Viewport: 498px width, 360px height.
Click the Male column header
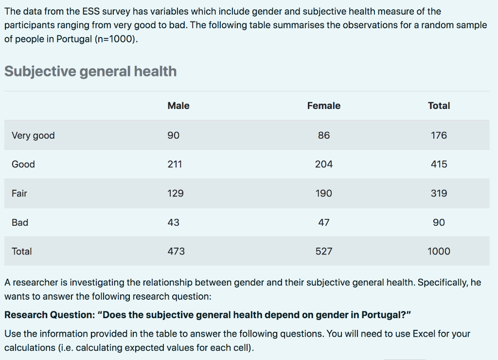pyautogui.click(x=178, y=106)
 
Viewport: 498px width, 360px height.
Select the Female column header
pyautogui.click(x=323, y=106)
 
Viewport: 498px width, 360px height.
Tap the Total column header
pyautogui.click(x=439, y=106)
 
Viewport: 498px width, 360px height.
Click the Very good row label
pyautogui.click(x=33, y=135)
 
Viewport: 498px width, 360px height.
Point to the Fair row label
pyautogui.click(x=19, y=193)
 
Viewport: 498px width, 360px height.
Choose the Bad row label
pyautogui.click(x=20, y=222)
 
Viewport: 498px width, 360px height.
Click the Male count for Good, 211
pyautogui.click(x=175, y=164)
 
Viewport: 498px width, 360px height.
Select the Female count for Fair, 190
pyautogui.click(x=323, y=193)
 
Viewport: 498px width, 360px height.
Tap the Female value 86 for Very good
pyautogui.click(x=323, y=135)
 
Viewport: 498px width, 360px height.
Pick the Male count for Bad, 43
pyautogui.click(x=173, y=222)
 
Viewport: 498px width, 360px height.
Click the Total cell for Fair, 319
pyautogui.click(x=439, y=193)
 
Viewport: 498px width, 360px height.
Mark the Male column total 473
pyautogui.click(x=176, y=251)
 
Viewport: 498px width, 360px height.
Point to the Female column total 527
pyautogui.click(x=323, y=251)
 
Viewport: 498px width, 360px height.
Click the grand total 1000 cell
pyautogui.click(x=439, y=251)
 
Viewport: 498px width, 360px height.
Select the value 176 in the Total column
pyautogui.click(x=439, y=135)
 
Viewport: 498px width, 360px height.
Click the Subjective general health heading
pyautogui.click(x=90, y=72)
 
